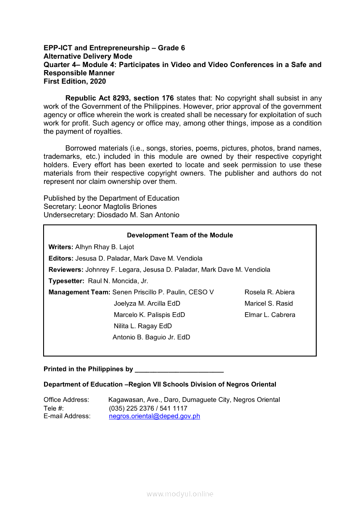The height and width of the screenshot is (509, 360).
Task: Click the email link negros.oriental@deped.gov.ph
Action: click(154, 416)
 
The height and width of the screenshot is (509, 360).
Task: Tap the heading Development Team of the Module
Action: click(180, 235)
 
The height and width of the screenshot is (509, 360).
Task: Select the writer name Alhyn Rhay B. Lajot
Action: click(105, 247)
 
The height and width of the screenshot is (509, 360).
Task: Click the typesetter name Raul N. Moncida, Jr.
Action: click(118, 281)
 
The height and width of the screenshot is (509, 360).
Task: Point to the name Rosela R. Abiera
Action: click(269, 292)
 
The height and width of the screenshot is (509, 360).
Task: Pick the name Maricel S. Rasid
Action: click(268, 303)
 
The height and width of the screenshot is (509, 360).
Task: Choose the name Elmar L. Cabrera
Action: click(270, 315)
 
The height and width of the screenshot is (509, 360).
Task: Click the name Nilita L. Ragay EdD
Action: click(143, 326)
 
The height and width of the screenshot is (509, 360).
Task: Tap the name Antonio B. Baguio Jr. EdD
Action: click(151, 337)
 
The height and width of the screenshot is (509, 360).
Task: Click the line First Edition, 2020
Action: click(75, 81)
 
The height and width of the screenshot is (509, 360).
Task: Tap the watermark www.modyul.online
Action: click(180, 494)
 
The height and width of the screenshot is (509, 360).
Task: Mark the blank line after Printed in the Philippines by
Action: click(179, 370)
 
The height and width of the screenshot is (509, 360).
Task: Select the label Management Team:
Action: click(79, 292)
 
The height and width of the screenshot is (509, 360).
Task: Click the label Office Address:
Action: click(66, 400)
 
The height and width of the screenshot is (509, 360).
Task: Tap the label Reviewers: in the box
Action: click(66, 270)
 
